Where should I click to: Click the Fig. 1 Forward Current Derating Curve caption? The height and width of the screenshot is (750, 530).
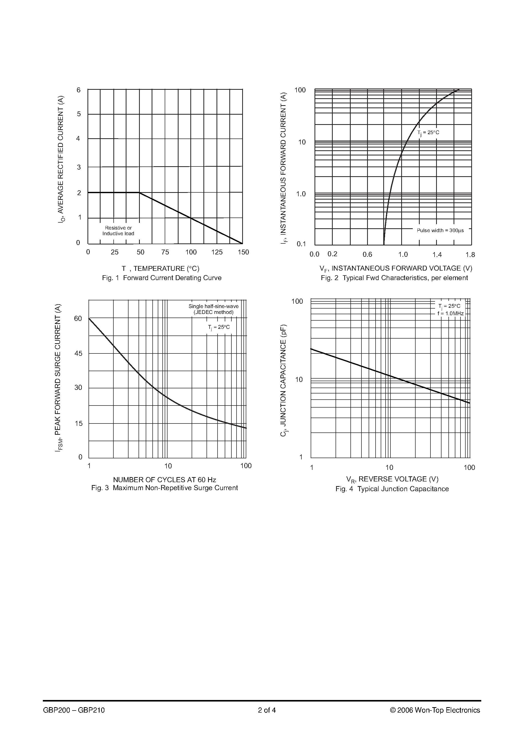point(162,278)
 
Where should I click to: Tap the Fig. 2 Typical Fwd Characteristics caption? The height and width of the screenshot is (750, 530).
point(394,278)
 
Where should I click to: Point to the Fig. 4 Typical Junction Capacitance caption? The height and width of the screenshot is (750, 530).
point(392,489)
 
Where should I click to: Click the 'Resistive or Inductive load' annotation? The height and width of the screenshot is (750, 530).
point(118,231)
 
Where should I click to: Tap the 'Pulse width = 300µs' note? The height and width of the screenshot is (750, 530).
point(440,230)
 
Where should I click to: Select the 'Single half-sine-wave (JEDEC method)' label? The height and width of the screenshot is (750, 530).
point(213,309)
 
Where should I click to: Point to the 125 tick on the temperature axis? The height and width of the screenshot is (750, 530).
point(217,252)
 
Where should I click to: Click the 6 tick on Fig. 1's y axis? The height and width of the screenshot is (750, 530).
point(78,90)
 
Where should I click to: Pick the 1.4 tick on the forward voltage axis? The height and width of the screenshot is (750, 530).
point(437,255)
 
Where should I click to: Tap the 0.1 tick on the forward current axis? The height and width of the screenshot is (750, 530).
point(301,244)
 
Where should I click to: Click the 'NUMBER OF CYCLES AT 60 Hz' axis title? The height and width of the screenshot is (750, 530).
point(164,480)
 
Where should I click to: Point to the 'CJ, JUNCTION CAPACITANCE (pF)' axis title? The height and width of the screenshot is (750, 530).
point(284,381)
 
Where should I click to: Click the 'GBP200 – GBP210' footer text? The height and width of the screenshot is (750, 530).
point(74,710)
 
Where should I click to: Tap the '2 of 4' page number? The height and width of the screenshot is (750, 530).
point(267,710)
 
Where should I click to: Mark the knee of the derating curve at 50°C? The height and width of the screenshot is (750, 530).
point(140,193)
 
